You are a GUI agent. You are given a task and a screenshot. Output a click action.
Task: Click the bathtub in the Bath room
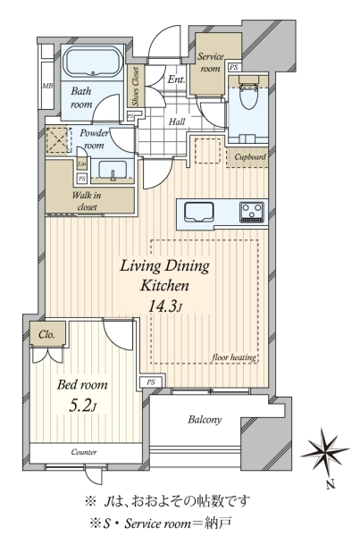(93, 63)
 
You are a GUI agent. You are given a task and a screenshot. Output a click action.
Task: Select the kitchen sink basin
(200, 213)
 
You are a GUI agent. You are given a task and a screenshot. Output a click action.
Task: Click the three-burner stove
(252, 212)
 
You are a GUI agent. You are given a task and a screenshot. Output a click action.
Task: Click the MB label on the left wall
(47, 86)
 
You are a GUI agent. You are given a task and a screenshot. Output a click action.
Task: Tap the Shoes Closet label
(136, 86)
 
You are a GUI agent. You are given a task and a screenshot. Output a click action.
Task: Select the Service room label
(210, 63)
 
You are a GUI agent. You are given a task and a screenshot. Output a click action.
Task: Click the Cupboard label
(250, 157)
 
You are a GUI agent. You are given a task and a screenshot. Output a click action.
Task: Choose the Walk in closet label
(87, 201)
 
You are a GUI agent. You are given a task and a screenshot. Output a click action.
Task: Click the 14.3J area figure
(163, 306)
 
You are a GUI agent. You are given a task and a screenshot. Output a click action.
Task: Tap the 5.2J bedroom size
(83, 406)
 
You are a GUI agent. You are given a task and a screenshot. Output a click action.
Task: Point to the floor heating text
(234, 357)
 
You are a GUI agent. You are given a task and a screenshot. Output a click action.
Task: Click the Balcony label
(205, 420)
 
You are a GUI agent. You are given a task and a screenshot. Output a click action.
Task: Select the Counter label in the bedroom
(84, 452)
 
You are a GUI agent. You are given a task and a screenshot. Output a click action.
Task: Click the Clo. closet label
(46, 334)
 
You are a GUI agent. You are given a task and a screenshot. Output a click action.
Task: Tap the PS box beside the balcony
(151, 382)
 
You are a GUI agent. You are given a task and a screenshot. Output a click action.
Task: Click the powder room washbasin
(112, 170)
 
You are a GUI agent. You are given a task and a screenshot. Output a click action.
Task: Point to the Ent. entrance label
(176, 80)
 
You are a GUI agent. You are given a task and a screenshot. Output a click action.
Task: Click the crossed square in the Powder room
(58, 140)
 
